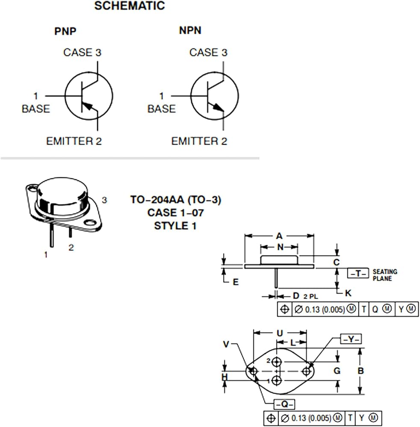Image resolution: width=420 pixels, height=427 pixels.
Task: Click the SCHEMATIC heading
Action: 130,6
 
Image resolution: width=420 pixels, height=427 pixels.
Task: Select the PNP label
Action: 65,31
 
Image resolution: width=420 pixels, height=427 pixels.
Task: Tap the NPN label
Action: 190,30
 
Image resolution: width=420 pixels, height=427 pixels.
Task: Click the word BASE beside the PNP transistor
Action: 36,108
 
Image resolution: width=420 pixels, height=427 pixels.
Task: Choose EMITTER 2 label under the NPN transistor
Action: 199,141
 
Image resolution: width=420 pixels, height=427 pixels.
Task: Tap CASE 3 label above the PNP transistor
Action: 82,52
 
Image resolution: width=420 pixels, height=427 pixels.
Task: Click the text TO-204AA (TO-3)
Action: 176,199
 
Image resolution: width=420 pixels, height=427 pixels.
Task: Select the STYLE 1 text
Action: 175,226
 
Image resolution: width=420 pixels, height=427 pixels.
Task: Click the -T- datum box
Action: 358,273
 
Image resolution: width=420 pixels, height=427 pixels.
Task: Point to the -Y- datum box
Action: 351,339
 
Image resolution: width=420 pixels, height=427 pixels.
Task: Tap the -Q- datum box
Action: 284,404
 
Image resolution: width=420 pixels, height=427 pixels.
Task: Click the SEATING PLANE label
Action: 385,275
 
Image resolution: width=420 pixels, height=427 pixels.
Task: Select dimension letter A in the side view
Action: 279,236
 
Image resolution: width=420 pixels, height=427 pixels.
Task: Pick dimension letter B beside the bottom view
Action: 361,371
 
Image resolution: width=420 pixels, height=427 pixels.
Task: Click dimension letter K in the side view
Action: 348,293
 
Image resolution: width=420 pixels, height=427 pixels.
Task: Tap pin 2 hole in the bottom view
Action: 277,362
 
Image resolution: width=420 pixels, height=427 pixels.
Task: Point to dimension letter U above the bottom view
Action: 280,333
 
